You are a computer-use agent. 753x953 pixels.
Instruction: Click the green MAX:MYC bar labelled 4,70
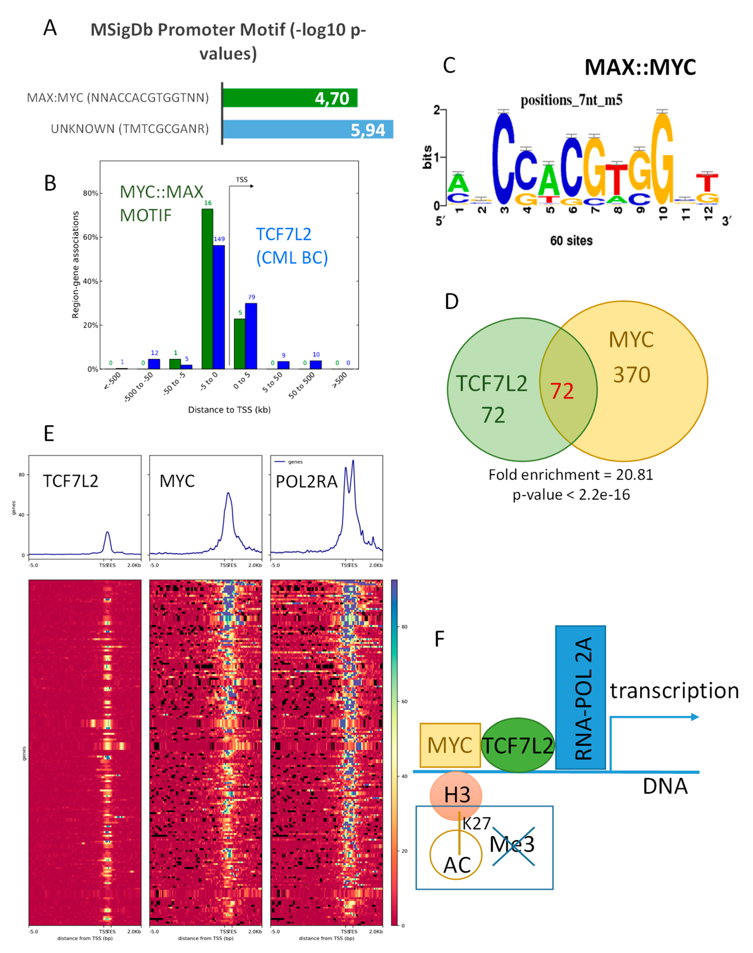coord(290,98)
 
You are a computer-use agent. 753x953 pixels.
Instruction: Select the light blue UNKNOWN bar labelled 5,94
coord(308,129)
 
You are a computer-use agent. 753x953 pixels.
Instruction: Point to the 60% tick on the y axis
coord(90,237)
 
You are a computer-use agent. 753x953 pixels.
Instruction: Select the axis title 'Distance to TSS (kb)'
coord(229,410)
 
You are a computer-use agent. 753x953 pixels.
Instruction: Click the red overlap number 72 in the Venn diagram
coord(562,391)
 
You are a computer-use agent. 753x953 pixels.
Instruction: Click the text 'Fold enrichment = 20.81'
coord(571,474)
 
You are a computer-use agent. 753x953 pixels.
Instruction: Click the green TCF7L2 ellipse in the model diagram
coord(518,745)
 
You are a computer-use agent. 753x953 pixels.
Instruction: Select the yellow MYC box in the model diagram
coord(450,745)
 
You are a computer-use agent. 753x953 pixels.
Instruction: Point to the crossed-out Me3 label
coord(512,844)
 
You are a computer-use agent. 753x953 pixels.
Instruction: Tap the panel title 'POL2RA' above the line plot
coord(306,482)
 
